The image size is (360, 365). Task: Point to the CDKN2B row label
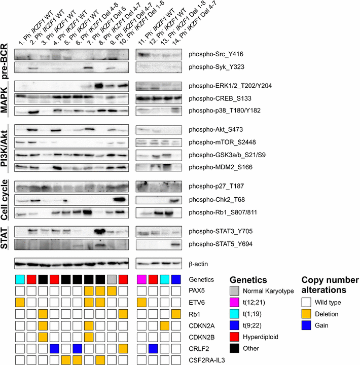(x=201, y=337)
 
